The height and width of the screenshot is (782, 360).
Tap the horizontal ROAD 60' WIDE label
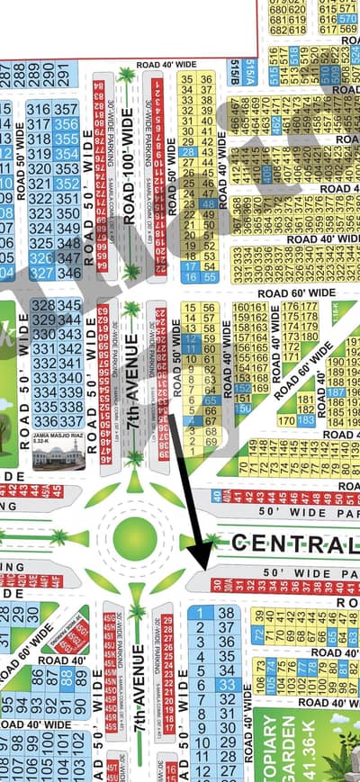(296, 293)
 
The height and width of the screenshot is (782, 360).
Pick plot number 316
(40, 109)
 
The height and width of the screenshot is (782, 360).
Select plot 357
(67, 109)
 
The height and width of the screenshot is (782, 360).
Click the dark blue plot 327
(40, 272)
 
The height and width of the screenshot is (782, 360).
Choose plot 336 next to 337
(44, 421)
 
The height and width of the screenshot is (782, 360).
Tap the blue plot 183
(305, 420)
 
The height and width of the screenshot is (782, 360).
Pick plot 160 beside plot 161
(240, 307)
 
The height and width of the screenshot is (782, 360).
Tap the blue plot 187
(334, 393)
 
